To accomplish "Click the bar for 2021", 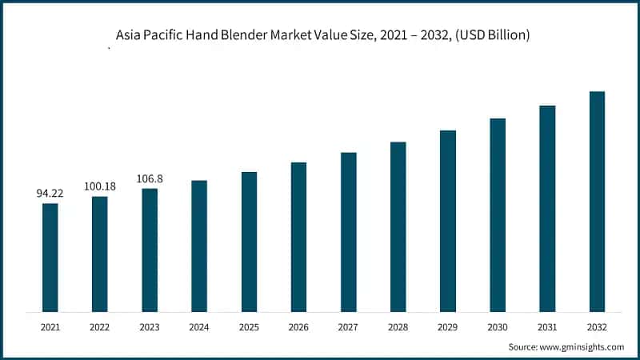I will [x=50, y=257].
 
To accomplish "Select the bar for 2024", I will [x=199, y=246].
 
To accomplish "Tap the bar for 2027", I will [x=348, y=231].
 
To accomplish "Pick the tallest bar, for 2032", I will [x=597, y=201].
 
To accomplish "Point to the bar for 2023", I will [x=150, y=250].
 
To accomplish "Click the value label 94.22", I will [x=50, y=194].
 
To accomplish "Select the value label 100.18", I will [x=100, y=186].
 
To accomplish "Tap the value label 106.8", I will [x=150, y=178].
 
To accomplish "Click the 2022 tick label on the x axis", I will [x=100, y=327].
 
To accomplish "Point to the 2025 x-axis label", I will [x=249, y=327].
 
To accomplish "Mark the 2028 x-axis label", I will [x=398, y=327].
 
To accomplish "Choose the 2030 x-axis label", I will [x=498, y=327].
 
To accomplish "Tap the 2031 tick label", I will [x=547, y=327].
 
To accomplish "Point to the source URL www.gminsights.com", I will [x=582, y=347].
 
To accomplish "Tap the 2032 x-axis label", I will [x=597, y=327].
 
